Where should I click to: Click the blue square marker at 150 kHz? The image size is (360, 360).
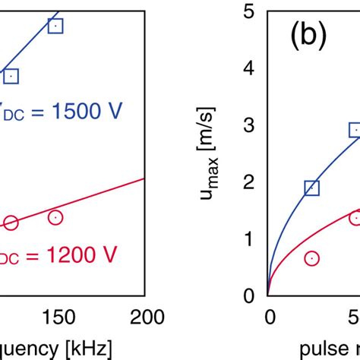click(x=55, y=27)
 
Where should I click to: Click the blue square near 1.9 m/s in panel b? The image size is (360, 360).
click(x=311, y=188)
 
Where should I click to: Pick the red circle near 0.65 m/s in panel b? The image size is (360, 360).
click(x=311, y=258)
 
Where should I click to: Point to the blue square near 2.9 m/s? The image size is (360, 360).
click(x=355, y=131)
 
